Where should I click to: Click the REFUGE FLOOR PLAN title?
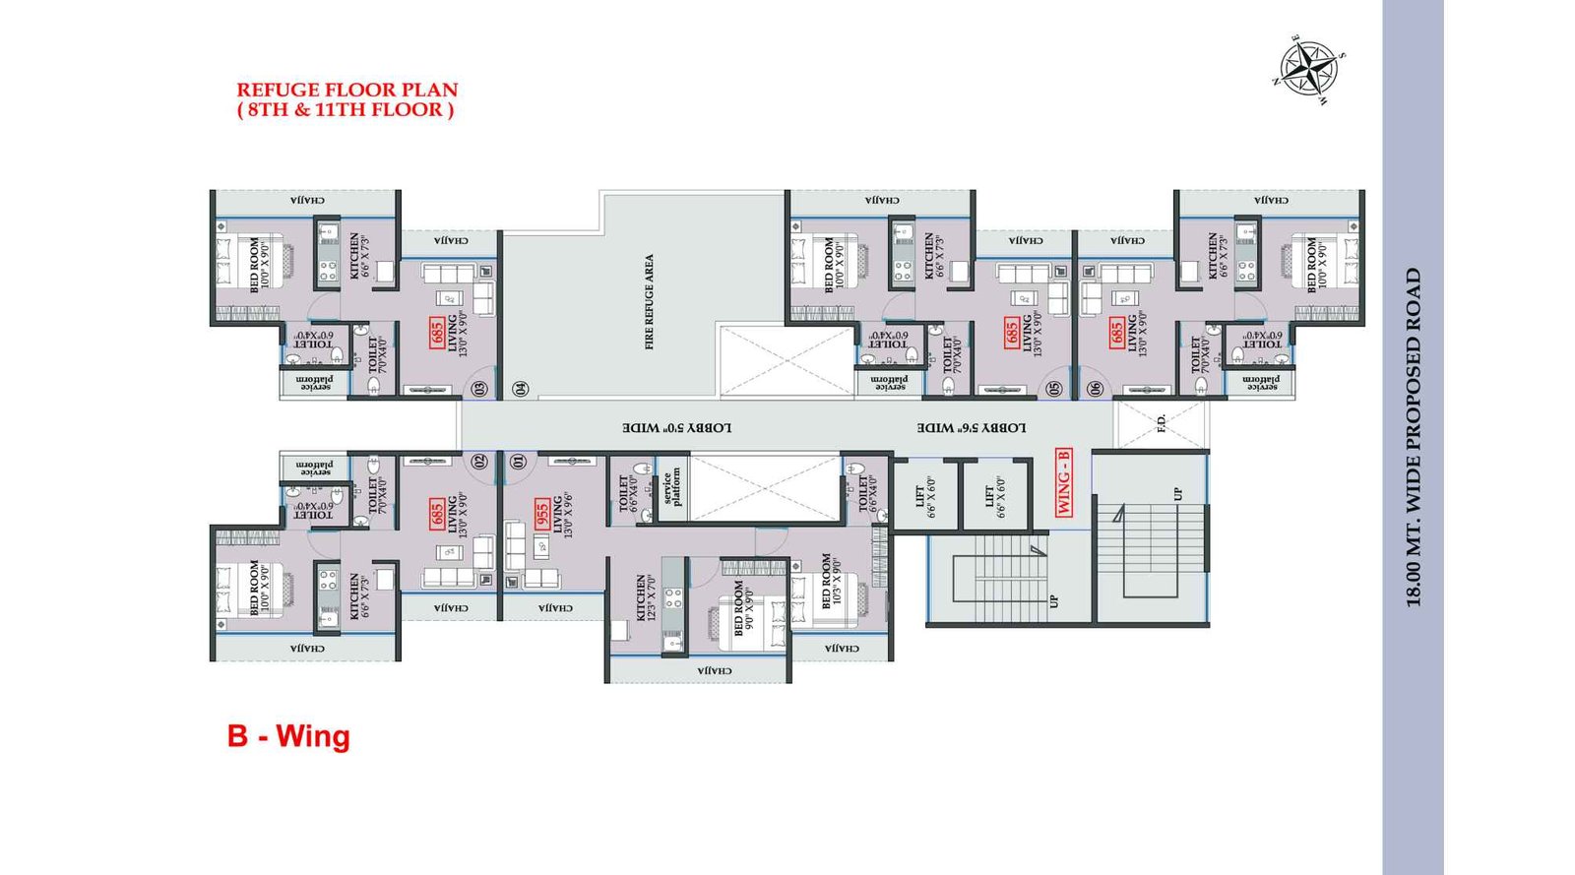click(x=347, y=90)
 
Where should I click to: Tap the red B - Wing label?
click(x=288, y=736)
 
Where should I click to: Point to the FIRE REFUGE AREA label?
click(x=649, y=302)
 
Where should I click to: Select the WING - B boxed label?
click(x=1064, y=481)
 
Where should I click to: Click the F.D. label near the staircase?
click(x=1161, y=424)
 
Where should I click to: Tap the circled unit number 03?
click(x=479, y=389)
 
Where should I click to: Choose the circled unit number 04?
click(x=521, y=389)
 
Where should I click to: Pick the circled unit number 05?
click(x=1055, y=389)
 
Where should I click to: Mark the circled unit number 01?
click(x=519, y=461)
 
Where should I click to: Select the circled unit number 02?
click(x=480, y=461)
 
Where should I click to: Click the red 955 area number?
click(x=541, y=517)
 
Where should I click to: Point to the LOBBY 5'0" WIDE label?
click(x=676, y=428)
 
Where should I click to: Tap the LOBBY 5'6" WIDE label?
click(x=972, y=428)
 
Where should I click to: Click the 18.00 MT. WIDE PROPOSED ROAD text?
click(x=1414, y=437)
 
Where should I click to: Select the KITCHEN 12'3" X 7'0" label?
click(x=646, y=597)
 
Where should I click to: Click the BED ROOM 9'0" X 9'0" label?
click(x=744, y=607)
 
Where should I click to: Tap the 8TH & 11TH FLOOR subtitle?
click(x=346, y=110)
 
